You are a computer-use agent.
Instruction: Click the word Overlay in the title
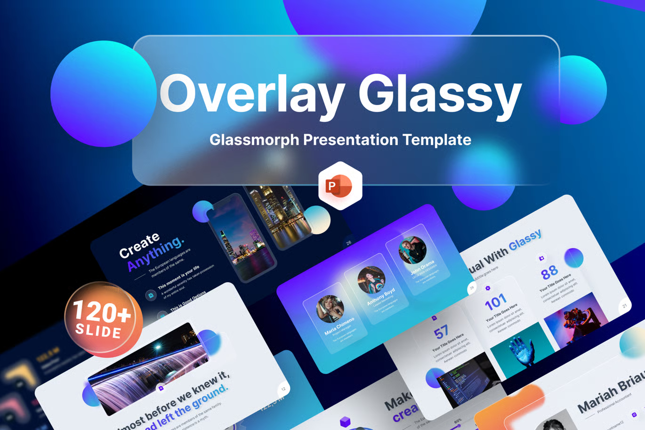pyautogui.click(x=252, y=93)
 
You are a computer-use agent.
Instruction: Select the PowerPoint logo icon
pyautogui.click(x=340, y=186)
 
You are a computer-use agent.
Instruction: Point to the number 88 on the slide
pyautogui.click(x=549, y=272)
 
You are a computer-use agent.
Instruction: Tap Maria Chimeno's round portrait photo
pyautogui.click(x=330, y=309)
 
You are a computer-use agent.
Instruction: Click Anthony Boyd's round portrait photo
pyautogui.click(x=371, y=280)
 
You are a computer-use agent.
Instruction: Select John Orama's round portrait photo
pyautogui.click(x=412, y=250)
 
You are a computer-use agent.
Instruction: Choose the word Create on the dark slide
pyautogui.click(x=139, y=245)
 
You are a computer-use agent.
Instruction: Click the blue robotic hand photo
pyautogui.click(x=522, y=351)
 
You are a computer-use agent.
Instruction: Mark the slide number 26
pyautogui.click(x=349, y=243)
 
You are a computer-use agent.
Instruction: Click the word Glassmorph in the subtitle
pyautogui.click(x=254, y=140)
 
